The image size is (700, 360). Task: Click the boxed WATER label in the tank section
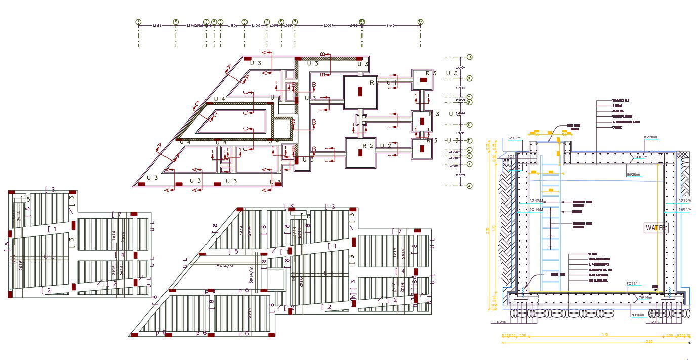[655, 228]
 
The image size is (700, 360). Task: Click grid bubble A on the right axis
[470, 57]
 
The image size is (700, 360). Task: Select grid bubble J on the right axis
[470, 186]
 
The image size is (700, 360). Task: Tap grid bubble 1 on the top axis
[138, 22]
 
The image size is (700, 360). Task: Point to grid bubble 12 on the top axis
[420, 22]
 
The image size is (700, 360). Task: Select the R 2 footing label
[367, 146]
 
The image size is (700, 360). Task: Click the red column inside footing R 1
[360, 92]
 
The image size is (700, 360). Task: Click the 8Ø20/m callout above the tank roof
[650, 137]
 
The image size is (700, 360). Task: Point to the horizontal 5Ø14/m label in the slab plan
[225, 266]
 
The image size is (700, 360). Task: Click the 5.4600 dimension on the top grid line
[391, 25]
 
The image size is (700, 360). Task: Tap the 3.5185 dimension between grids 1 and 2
[156, 25]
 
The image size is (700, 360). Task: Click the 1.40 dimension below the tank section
[605, 335]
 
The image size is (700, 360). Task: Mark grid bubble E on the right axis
[470, 125]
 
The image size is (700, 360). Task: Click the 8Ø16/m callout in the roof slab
[641, 157]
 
